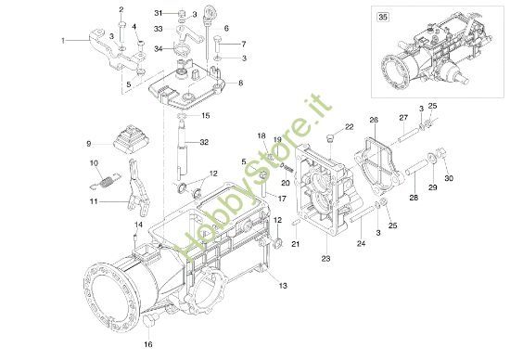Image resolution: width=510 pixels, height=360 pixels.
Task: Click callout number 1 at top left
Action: click(x=63, y=41)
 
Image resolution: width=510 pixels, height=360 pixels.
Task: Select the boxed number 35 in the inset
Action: click(x=382, y=15)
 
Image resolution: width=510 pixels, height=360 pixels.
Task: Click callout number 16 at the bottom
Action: click(x=147, y=344)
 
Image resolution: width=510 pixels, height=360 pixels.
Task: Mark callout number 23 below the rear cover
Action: click(x=326, y=259)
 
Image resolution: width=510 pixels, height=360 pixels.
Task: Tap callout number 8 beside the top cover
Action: click(x=240, y=84)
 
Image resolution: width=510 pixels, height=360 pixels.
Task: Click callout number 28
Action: click(x=414, y=198)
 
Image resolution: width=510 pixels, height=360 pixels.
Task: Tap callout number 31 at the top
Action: click(x=159, y=13)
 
